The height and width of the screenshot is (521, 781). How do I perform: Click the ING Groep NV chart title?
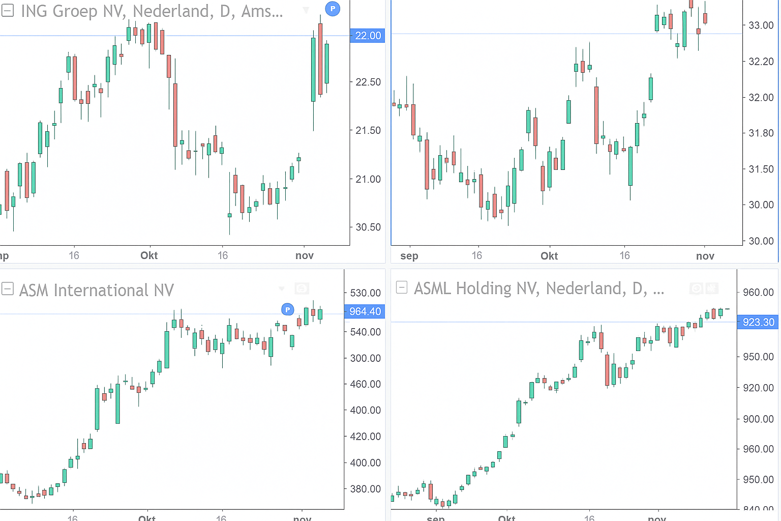point(152,11)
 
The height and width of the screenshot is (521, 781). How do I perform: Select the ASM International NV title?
point(97,291)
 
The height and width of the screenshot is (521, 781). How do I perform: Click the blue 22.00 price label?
point(367,36)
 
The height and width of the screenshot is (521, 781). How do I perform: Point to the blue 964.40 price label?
point(365,311)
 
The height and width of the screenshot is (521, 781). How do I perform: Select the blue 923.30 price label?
point(758,322)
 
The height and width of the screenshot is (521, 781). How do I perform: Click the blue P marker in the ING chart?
point(333,9)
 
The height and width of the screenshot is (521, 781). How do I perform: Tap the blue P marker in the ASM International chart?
point(288,309)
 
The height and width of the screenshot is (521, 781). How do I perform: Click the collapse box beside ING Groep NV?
point(8,10)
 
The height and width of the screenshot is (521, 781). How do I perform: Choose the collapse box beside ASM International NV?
point(8,289)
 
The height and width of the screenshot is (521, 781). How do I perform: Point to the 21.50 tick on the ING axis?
point(368,130)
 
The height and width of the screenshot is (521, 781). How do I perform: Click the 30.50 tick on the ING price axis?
point(368,227)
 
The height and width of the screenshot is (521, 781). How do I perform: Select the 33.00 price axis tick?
point(761,25)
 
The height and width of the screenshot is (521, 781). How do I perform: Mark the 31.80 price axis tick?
point(761,133)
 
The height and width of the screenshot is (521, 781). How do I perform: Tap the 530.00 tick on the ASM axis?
point(366,293)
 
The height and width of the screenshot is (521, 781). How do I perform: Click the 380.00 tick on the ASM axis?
point(366,488)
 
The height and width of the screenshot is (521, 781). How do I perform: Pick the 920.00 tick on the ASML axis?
point(758,388)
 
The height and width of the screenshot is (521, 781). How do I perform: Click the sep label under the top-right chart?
point(409,256)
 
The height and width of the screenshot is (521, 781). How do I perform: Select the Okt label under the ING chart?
point(149,255)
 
